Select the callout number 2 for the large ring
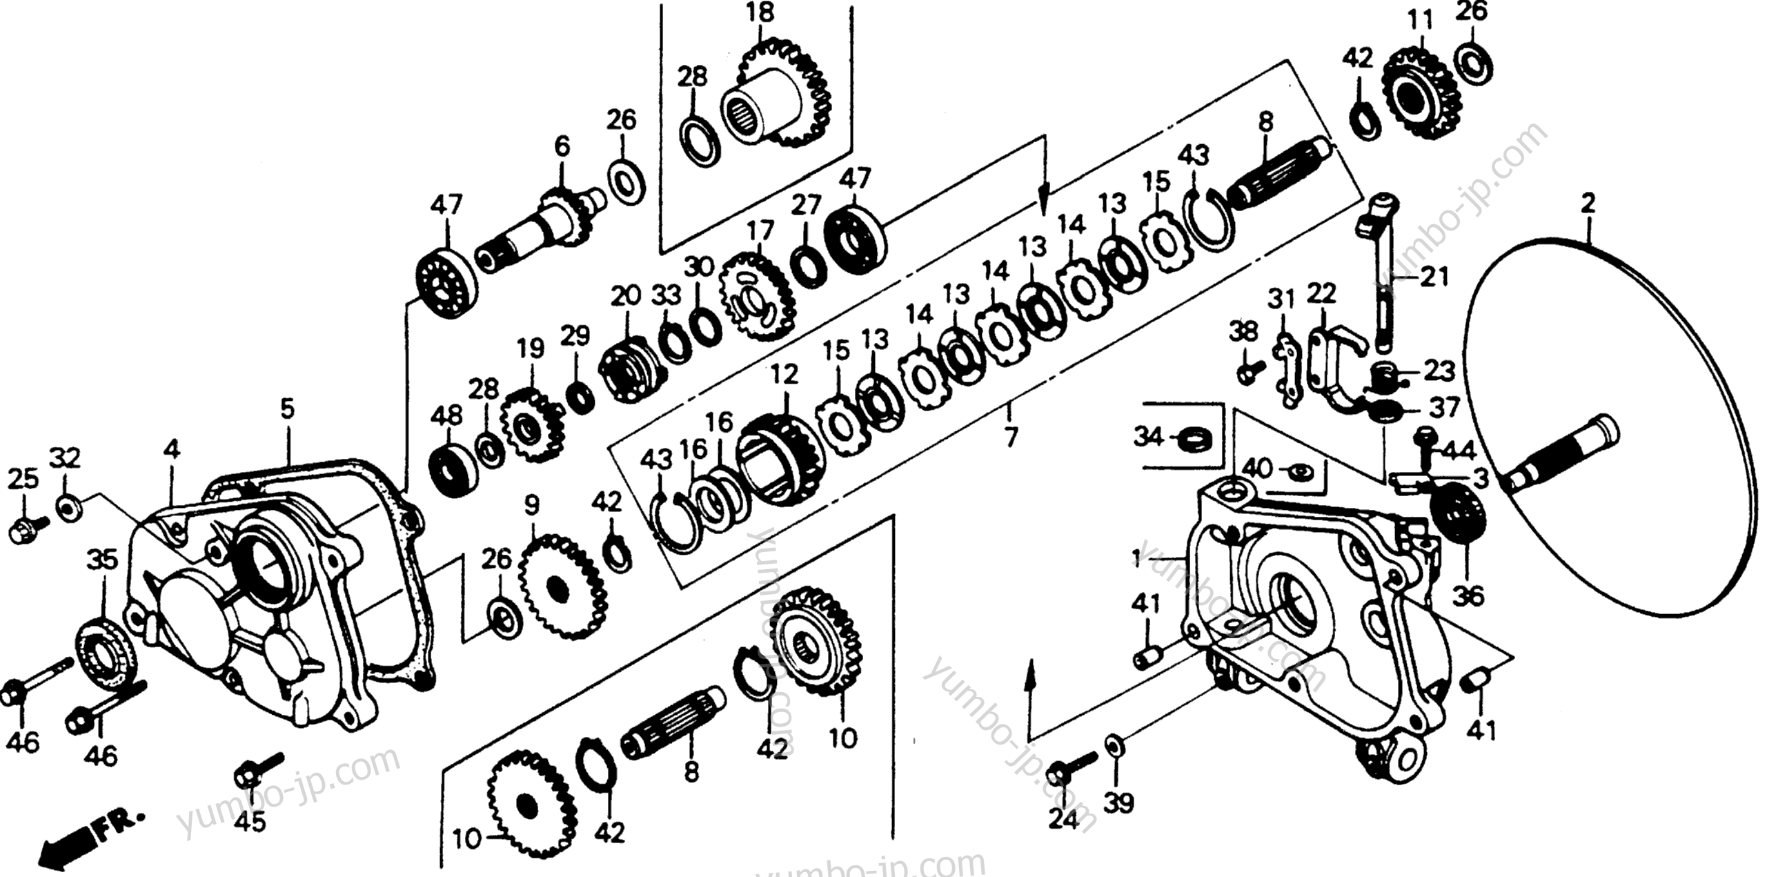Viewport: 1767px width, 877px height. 1588,204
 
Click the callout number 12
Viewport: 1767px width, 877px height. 784,375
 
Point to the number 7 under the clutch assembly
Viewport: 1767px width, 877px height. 1010,437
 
